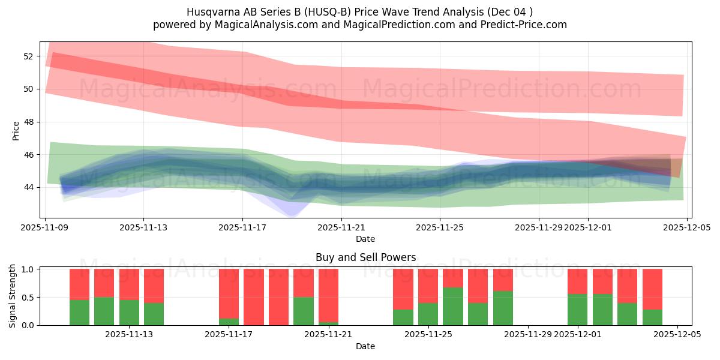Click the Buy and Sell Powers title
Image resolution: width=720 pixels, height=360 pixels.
tap(365, 257)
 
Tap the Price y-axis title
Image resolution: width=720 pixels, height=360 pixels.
tap(16, 130)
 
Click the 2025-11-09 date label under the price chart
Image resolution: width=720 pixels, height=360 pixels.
tap(46, 227)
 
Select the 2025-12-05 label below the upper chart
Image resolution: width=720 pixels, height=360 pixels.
tap(687, 227)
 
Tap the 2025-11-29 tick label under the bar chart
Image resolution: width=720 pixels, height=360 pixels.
tap(529, 335)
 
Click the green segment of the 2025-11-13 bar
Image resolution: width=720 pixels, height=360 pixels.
tap(129, 312)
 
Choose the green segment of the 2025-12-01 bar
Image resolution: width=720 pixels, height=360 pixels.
tap(577, 310)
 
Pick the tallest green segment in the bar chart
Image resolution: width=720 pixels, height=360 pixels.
tap(453, 306)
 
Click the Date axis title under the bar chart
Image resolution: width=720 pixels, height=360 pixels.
tap(365, 346)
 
